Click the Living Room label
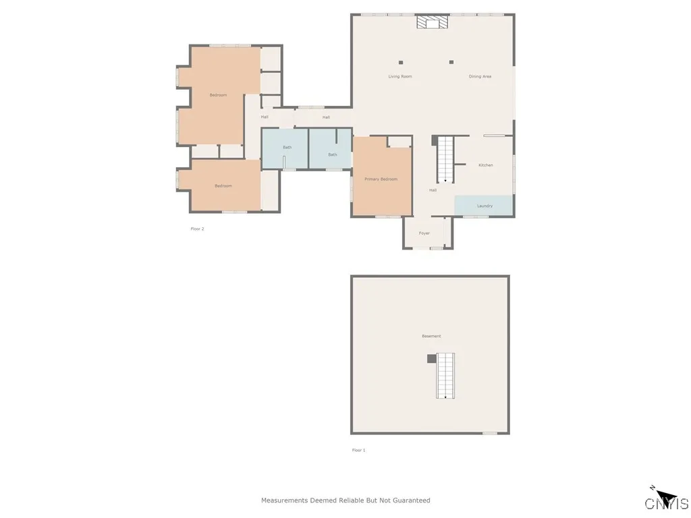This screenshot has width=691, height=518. [399, 77]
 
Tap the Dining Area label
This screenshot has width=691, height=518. [480, 77]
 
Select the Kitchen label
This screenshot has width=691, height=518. [486, 165]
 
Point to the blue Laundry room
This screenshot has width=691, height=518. [484, 205]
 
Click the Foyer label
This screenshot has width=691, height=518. [424, 233]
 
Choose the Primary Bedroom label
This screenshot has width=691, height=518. [381, 179]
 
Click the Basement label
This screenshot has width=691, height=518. [431, 336]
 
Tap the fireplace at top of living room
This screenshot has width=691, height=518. [432, 22]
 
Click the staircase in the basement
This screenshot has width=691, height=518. [445, 375]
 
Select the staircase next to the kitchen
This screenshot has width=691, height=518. [445, 159]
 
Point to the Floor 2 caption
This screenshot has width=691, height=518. [197, 229]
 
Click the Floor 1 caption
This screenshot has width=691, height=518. [358, 450]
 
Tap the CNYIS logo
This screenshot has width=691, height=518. [666, 500]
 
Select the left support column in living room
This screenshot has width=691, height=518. [401, 63]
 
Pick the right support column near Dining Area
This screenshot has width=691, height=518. [451, 63]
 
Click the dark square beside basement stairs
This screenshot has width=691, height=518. [431, 359]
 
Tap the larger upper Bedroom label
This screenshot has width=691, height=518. [218, 95]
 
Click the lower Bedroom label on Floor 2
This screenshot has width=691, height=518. [223, 186]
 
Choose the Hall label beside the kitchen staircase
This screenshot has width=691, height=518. [433, 190]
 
